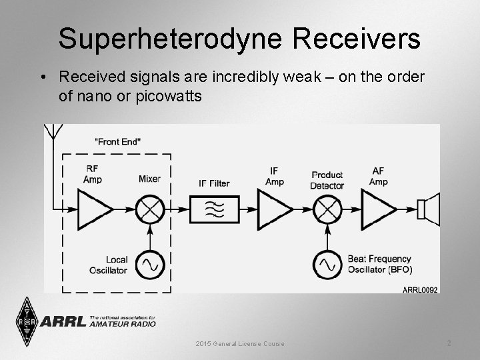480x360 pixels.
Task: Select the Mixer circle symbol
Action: (150, 209)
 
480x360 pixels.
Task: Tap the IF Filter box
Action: (214, 209)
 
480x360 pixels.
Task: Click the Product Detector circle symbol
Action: (327, 209)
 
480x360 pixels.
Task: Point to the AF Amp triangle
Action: (377, 209)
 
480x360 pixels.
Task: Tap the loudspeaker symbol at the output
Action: (429, 209)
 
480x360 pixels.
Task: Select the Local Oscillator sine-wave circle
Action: (150, 265)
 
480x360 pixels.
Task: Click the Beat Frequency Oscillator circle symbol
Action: (327, 265)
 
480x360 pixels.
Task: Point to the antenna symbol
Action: (52, 133)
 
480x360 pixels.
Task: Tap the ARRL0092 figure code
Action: (420, 289)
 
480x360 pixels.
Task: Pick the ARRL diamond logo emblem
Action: (25, 321)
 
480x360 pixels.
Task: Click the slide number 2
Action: (449, 343)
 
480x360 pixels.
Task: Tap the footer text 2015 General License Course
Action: (240, 343)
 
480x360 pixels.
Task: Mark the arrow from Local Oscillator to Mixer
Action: (150, 236)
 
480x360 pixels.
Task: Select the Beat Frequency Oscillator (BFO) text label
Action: (379, 264)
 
